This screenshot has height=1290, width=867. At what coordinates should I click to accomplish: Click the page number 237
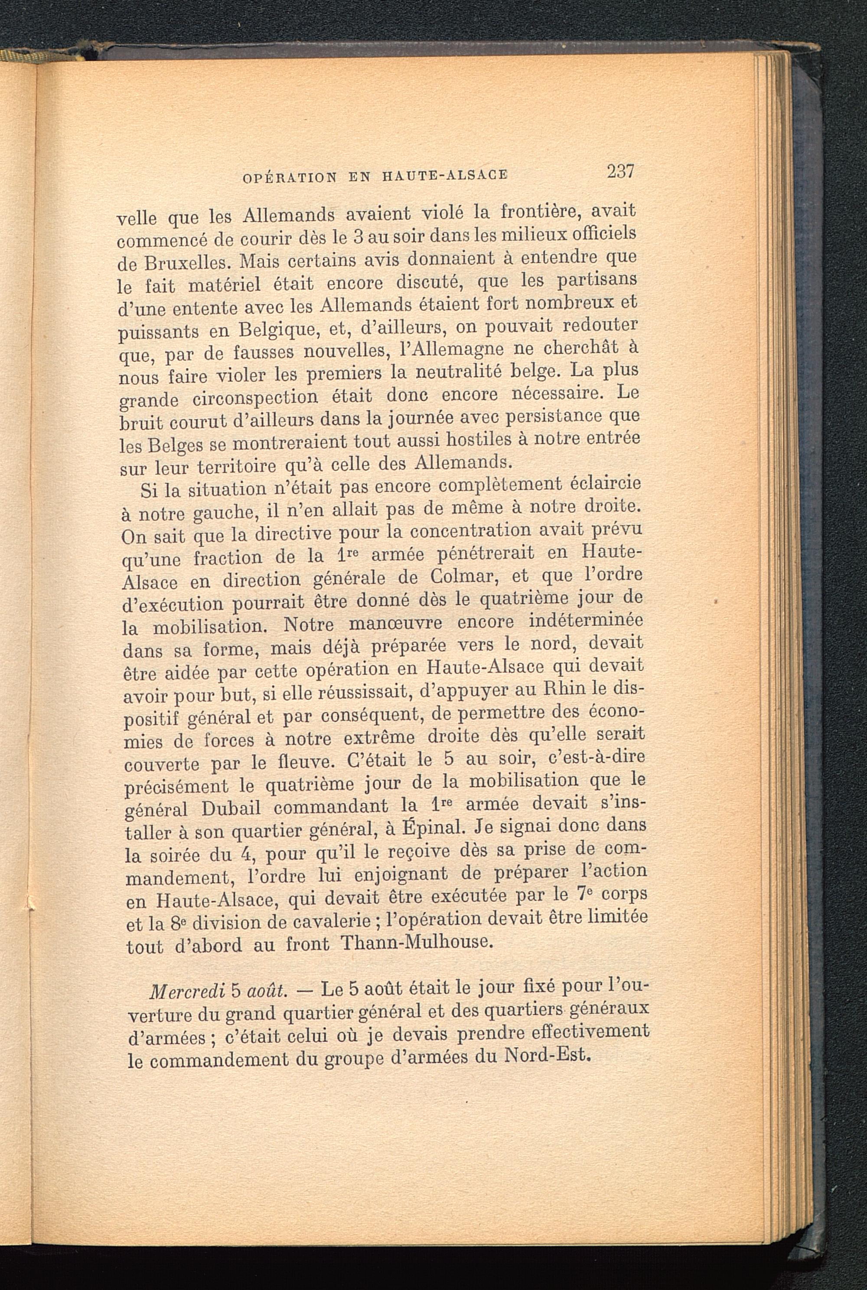click(x=620, y=171)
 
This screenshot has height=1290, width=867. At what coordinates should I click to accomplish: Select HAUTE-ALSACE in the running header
click(x=444, y=175)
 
